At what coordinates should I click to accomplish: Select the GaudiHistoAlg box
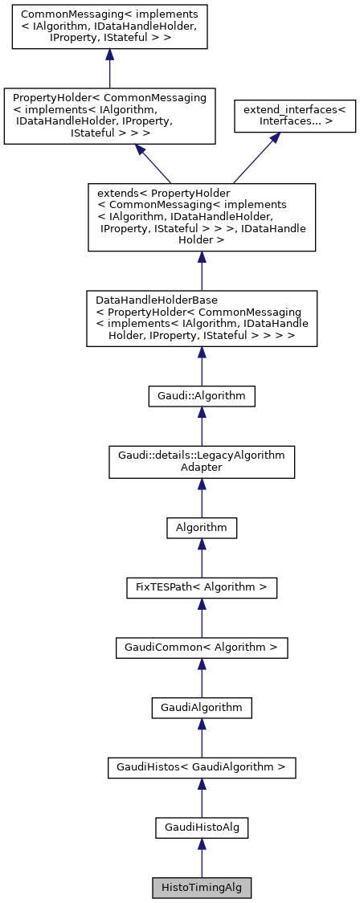(x=202, y=827)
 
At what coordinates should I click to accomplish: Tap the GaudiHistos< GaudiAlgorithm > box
(x=202, y=767)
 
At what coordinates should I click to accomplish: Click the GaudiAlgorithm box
(x=202, y=707)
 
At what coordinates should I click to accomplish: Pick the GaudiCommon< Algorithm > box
(x=202, y=647)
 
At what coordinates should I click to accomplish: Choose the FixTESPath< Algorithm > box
(x=202, y=587)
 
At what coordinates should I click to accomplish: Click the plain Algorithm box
(x=202, y=527)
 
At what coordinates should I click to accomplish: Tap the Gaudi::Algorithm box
(x=202, y=395)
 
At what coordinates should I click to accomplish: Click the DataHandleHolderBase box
(x=202, y=318)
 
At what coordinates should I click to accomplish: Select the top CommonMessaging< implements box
(x=109, y=29)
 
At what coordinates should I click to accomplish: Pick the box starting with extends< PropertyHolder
(x=202, y=217)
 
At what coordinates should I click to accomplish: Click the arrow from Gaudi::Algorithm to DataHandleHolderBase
(x=202, y=366)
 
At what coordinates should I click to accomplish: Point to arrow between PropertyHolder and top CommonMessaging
(x=109, y=71)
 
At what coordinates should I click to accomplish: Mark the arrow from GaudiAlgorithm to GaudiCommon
(x=202, y=677)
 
